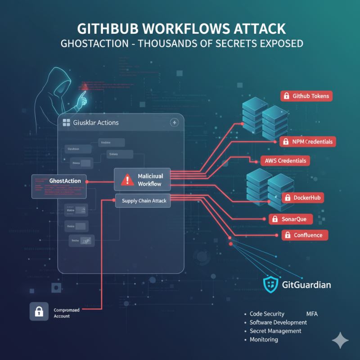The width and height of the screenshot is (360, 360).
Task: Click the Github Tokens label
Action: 306,96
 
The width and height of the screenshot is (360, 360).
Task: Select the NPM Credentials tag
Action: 308,142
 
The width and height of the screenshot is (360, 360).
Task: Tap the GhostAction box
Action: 59,185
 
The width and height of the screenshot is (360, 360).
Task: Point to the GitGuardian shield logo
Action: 270,284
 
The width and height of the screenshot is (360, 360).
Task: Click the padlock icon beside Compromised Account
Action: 39,310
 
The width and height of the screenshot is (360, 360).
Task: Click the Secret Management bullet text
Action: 275,331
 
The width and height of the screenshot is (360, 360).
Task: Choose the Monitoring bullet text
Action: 264,340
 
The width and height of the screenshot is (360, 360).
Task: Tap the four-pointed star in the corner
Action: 340,340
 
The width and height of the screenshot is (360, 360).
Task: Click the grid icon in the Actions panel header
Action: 65,122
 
